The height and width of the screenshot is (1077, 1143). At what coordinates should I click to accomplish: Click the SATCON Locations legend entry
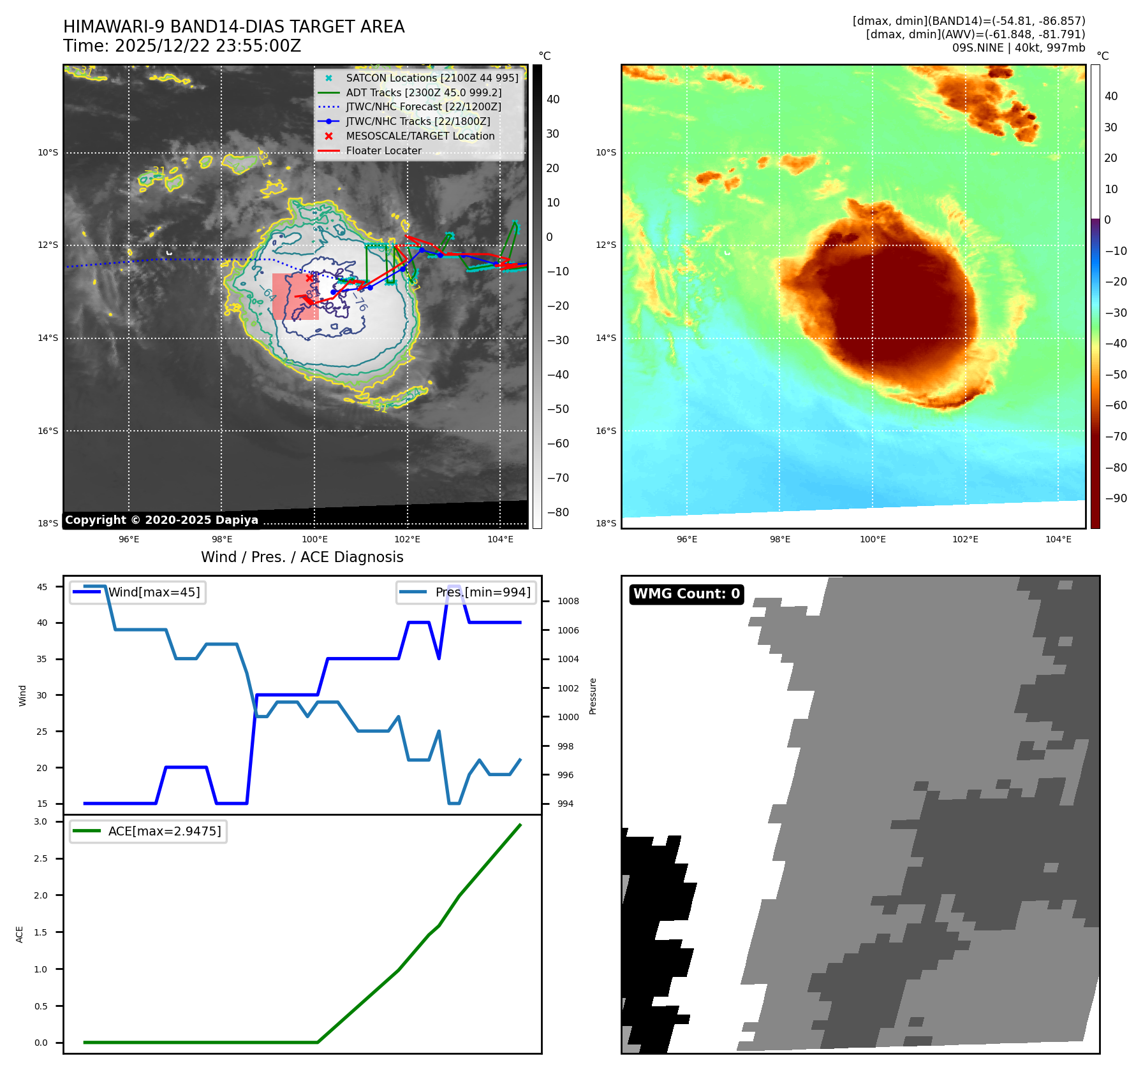click(x=432, y=78)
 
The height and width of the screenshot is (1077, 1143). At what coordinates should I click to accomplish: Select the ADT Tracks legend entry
click(x=424, y=92)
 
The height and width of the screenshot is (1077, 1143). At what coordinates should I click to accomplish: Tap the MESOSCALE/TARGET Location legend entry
click(x=420, y=136)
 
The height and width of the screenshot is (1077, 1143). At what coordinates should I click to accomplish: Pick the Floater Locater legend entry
click(x=383, y=150)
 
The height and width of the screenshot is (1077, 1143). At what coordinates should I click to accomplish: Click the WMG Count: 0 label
click(x=686, y=594)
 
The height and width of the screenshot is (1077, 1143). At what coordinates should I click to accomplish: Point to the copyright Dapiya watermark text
click(x=161, y=520)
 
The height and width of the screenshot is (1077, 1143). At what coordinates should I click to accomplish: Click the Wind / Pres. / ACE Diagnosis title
click(x=302, y=557)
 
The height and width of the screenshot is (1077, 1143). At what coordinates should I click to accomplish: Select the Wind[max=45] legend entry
click(x=154, y=592)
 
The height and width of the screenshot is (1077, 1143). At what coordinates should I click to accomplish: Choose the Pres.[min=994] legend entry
click(x=482, y=592)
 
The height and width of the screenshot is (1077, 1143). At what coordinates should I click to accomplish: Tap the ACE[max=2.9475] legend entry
click(x=164, y=831)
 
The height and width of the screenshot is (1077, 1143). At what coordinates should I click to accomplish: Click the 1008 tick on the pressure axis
click(x=568, y=601)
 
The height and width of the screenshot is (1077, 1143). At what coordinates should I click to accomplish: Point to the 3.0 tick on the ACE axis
click(x=41, y=821)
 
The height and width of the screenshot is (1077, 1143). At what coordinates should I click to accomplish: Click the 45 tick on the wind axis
click(x=42, y=587)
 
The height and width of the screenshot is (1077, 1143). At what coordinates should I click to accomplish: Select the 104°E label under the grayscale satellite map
click(x=500, y=539)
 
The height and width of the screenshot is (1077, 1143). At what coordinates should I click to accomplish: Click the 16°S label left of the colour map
click(x=606, y=431)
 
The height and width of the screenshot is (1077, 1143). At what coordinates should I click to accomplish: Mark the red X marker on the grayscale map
click(x=309, y=278)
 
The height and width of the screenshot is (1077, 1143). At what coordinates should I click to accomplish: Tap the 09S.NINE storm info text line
click(x=1018, y=48)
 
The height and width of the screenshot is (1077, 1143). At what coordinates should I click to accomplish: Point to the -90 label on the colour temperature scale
click(x=1116, y=498)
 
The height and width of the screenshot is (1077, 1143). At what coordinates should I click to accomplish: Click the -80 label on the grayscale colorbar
click(x=557, y=512)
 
